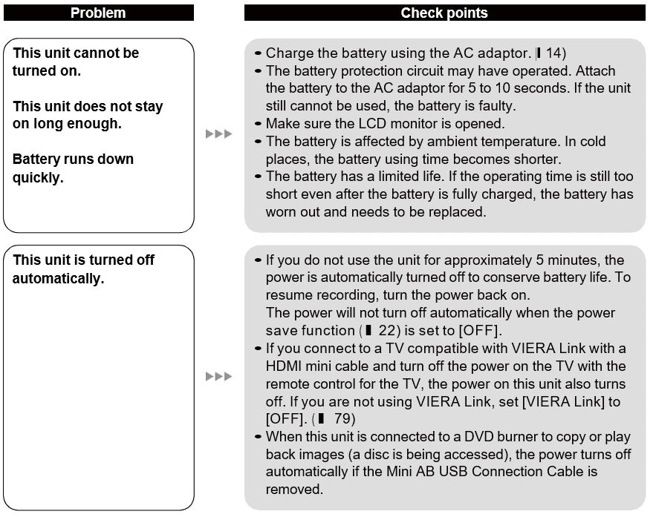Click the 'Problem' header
coord(97,13)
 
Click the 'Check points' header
coord(444,13)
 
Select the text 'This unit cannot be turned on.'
coord(75,62)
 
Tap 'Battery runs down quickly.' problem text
coord(73,168)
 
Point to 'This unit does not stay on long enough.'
coord(88,115)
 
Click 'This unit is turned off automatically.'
coord(83,269)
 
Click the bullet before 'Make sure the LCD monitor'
coord(257,124)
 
